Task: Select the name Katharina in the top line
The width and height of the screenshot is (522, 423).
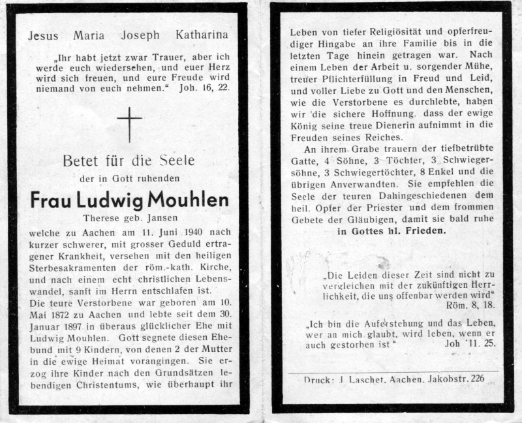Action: click(202, 36)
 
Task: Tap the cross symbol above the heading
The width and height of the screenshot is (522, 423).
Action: click(129, 124)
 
